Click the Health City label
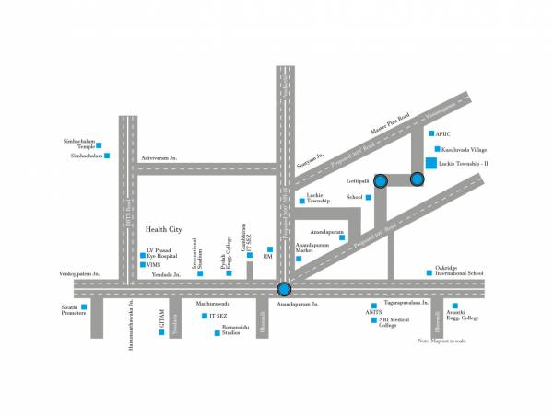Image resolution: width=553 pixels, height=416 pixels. pyautogui.click(x=164, y=228)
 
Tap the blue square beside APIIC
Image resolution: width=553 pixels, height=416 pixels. pyautogui.click(x=438, y=134)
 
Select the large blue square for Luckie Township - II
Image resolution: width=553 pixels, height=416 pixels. pyautogui.click(x=430, y=164)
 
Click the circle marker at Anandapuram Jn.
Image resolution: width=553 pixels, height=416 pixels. pyautogui.click(x=285, y=289)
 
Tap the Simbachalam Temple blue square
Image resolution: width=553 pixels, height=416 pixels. pyautogui.click(x=99, y=144)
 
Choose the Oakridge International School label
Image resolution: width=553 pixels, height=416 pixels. pyautogui.click(x=462, y=272)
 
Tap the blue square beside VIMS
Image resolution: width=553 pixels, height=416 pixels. pyautogui.click(x=142, y=264)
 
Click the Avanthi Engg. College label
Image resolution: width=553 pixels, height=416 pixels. pyautogui.click(x=460, y=316)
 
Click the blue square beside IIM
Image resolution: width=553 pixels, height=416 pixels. pyautogui.click(x=269, y=249)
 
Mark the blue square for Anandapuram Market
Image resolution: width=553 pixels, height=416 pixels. pyautogui.click(x=298, y=259)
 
